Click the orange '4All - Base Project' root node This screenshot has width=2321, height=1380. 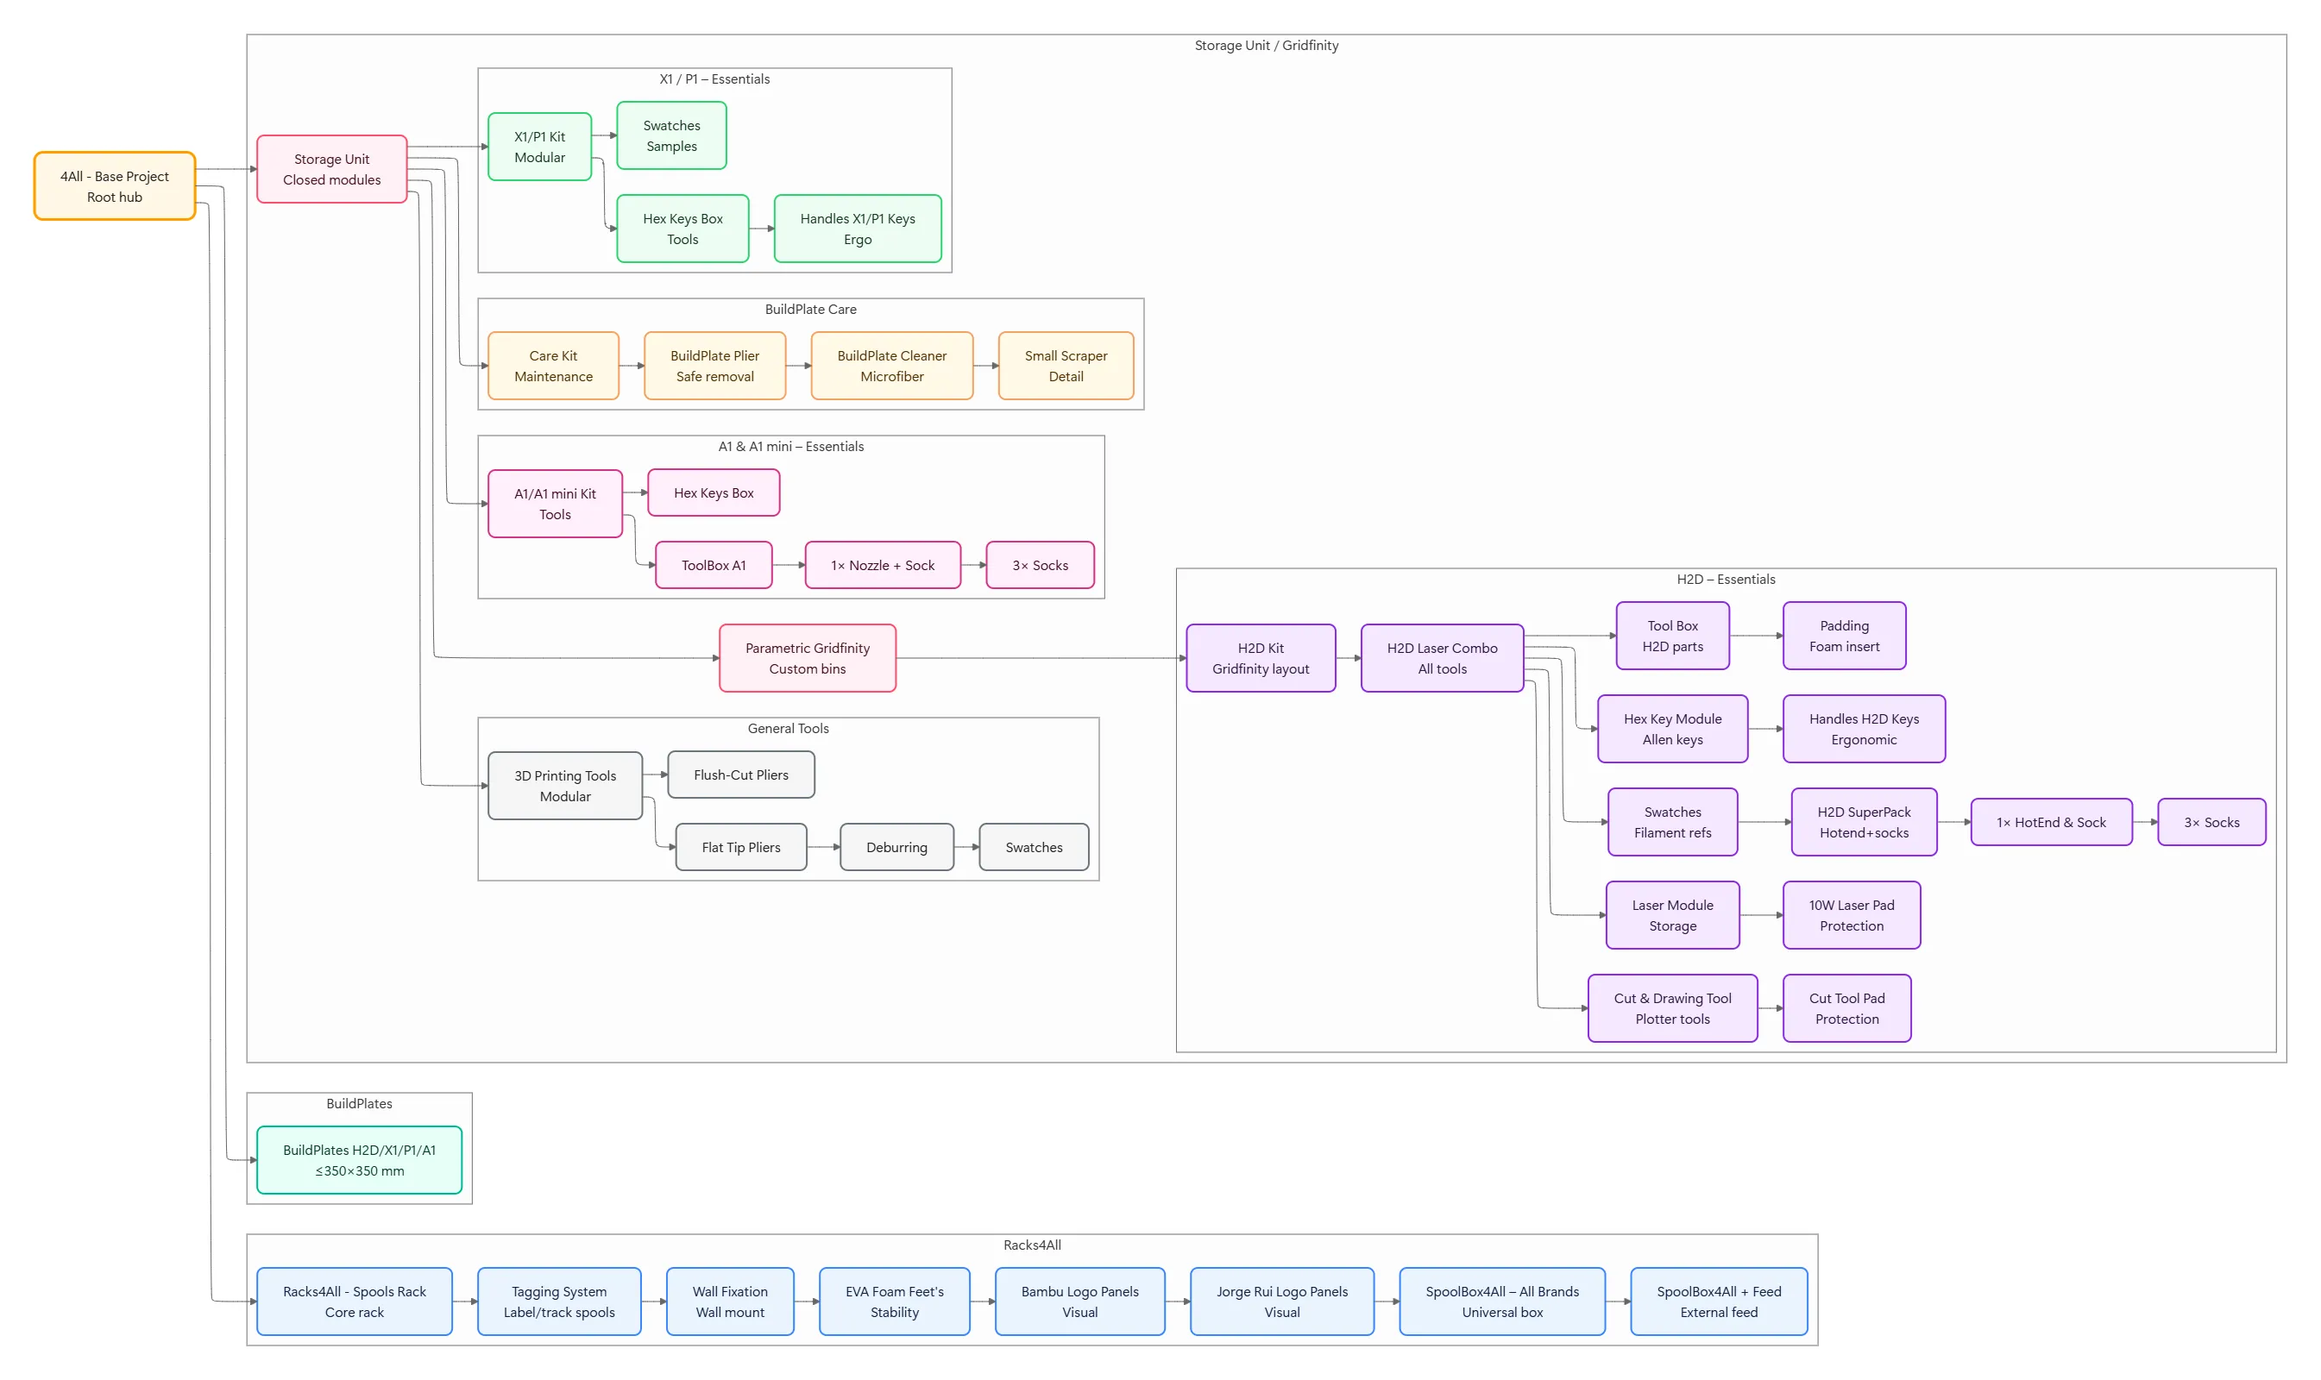coord(115,186)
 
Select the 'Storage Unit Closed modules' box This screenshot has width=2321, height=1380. coord(332,169)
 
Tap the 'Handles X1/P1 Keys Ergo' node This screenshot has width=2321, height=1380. coord(858,229)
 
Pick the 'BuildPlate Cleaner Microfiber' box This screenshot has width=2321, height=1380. coord(892,366)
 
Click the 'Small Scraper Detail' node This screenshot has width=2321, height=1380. coord(1066,366)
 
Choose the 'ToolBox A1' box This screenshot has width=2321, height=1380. coord(714,566)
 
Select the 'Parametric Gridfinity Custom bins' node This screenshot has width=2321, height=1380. coord(808,658)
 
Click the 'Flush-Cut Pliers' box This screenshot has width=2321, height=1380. coord(741,775)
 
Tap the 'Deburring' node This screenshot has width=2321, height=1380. coord(896,847)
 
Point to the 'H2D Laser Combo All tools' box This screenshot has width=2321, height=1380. coord(1442,658)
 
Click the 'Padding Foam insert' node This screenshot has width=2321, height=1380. coord(1845,636)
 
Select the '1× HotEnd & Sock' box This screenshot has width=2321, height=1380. coord(2051,822)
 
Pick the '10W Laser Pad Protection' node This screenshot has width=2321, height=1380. coord(1852,915)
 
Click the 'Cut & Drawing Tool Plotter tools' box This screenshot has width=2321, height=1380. coord(1673,1008)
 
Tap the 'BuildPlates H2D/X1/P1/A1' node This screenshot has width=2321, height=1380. coord(359,1159)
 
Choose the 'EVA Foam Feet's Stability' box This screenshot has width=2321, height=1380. coord(895,1301)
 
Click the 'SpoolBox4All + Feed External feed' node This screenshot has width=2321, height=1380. coord(1719,1301)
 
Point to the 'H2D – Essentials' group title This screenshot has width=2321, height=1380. coord(1726,580)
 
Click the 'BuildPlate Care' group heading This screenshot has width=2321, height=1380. coord(811,310)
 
